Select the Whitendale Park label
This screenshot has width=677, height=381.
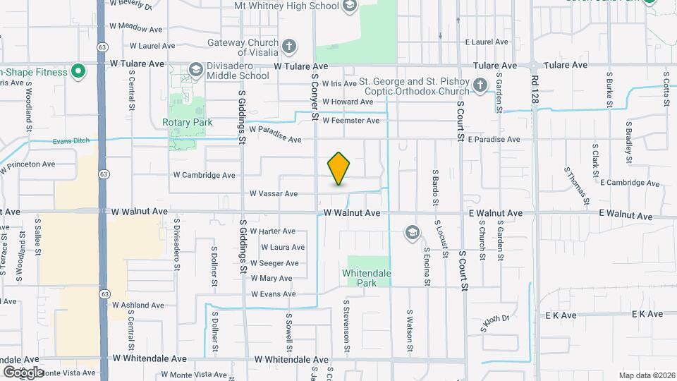coord(366,278)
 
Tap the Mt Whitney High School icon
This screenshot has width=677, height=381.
coord(349,7)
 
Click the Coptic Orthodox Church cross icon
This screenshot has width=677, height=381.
coord(480,86)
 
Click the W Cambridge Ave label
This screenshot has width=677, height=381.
coord(205,175)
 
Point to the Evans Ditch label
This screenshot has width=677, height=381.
coord(71,141)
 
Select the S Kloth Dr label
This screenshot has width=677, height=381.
coord(494,322)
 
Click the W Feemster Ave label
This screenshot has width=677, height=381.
coord(350,121)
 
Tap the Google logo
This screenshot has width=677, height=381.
coord(23,372)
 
